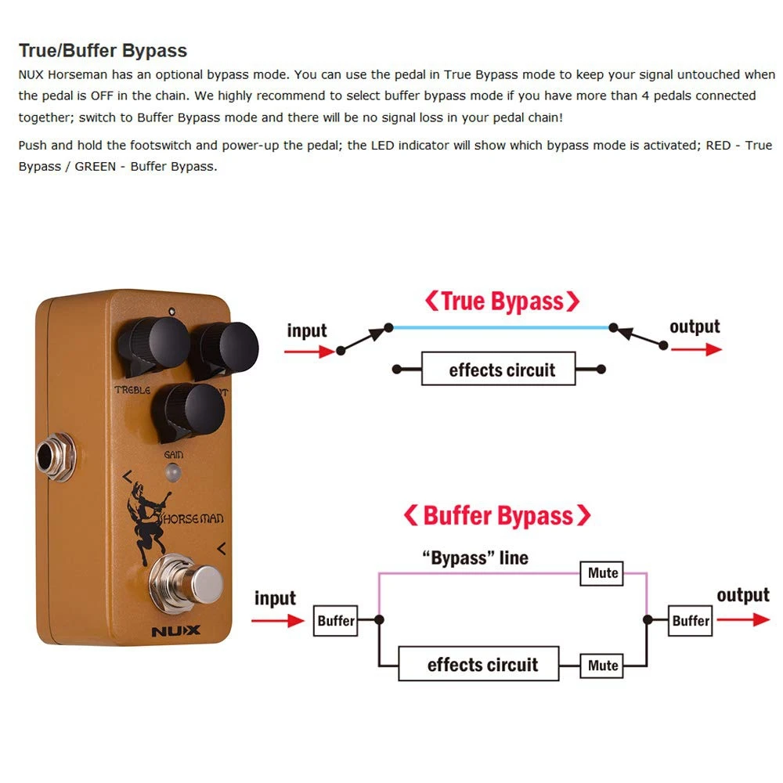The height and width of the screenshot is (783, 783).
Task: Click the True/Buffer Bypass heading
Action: (x=103, y=51)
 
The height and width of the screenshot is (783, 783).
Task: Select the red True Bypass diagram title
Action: (x=502, y=301)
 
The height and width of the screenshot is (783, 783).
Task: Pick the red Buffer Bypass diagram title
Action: (x=496, y=515)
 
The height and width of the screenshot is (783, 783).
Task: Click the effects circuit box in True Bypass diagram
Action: (x=499, y=369)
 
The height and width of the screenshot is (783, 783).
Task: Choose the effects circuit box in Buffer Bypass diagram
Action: (x=478, y=665)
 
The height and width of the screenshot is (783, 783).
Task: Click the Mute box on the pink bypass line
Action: (x=603, y=572)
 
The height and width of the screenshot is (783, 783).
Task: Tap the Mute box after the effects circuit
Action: (x=603, y=665)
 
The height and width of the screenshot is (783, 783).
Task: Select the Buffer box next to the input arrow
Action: (x=336, y=620)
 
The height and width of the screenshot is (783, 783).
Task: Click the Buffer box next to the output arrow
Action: (x=691, y=620)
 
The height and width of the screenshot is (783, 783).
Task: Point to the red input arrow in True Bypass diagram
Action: (x=309, y=352)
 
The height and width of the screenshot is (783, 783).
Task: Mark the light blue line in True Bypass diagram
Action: (x=501, y=327)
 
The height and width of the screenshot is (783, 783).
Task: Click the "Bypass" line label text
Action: (x=475, y=558)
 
